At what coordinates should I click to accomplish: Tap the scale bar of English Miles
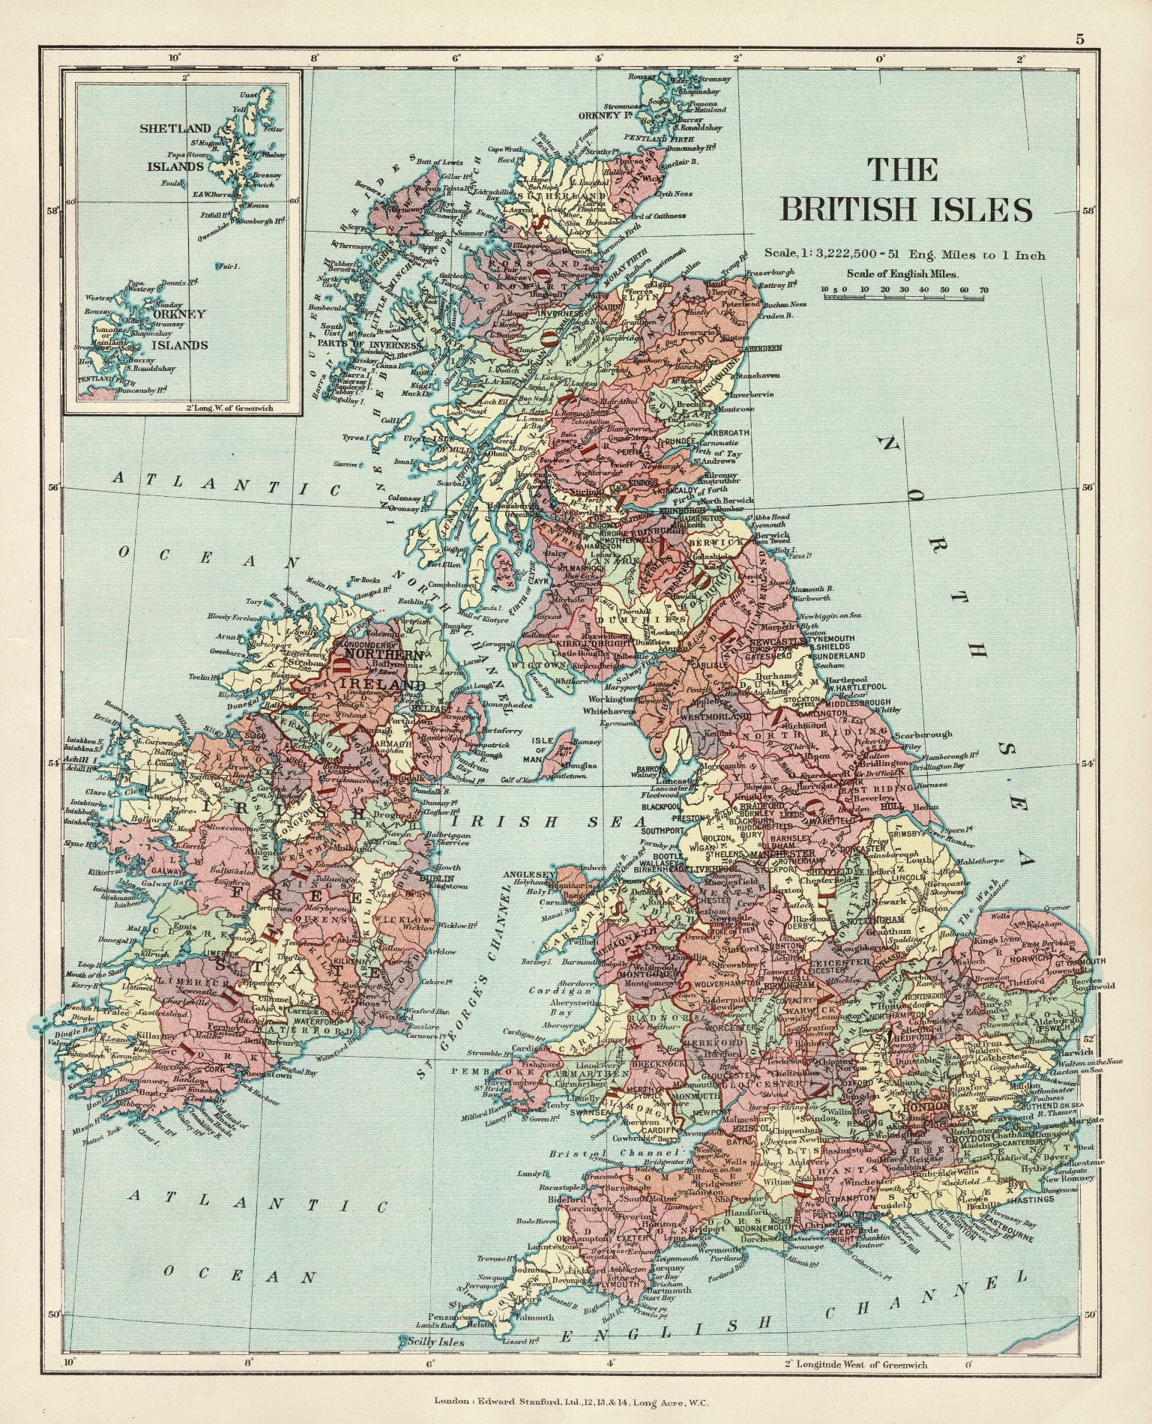coord(903,298)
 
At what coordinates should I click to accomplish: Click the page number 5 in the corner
coord(1079,40)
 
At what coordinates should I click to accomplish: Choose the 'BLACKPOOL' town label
coord(659,806)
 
